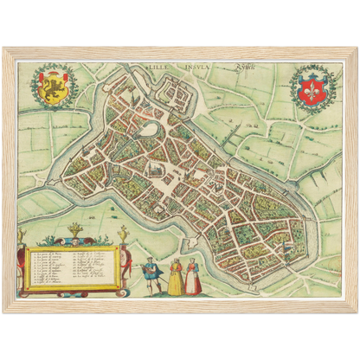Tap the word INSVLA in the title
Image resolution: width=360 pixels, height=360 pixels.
(195, 63)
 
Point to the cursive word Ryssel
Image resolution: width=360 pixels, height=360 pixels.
(232, 64)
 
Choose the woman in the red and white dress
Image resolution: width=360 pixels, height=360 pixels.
(195, 276)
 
